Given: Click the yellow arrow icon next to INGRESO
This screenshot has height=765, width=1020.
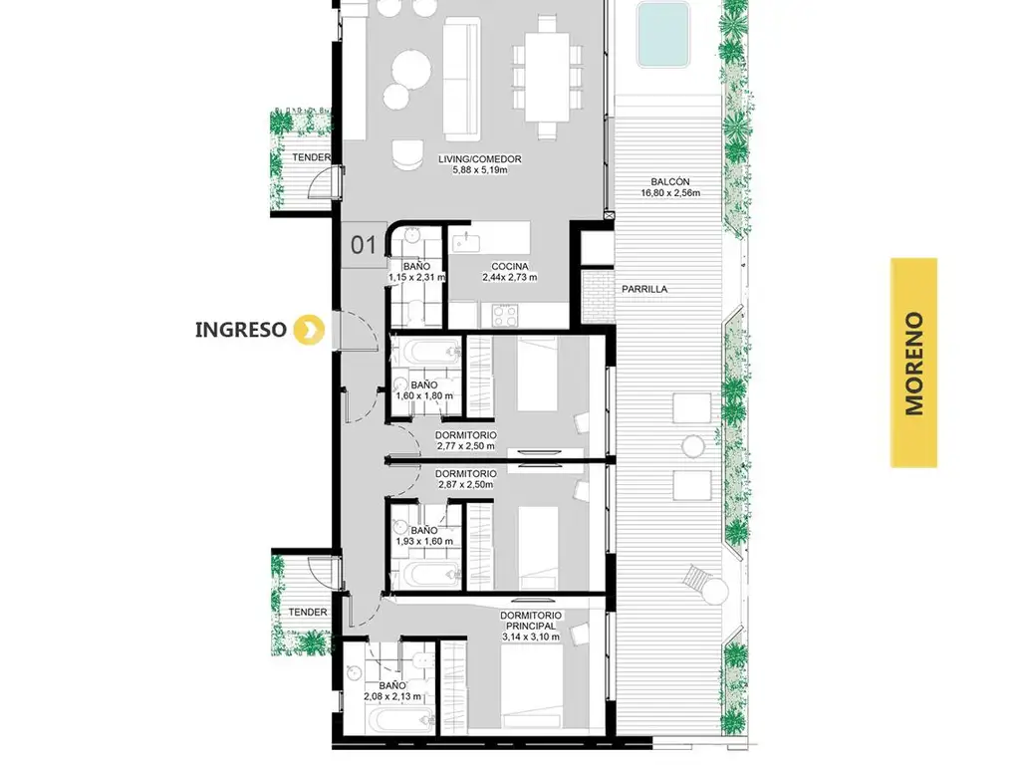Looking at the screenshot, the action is [x=309, y=329].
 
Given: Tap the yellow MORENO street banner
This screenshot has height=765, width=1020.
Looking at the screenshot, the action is [x=913, y=363].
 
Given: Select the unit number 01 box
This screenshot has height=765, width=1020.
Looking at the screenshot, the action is [x=364, y=245].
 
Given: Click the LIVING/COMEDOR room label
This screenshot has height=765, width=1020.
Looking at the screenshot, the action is [x=480, y=158].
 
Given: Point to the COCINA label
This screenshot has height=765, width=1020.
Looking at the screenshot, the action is [x=510, y=266].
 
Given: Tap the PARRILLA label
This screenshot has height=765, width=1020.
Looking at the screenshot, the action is [x=644, y=289].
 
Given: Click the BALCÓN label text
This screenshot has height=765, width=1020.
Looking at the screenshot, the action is [x=670, y=182].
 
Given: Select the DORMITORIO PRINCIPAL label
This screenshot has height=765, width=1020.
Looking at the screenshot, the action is [x=531, y=621].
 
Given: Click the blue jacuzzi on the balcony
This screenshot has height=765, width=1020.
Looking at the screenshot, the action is [x=662, y=34].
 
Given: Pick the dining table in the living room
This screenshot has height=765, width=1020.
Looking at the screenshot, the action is [x=547, y=77].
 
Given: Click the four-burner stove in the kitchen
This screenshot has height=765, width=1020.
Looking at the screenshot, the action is [x=505, y=316].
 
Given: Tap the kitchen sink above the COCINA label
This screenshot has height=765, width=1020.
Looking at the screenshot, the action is [x=466, y=242].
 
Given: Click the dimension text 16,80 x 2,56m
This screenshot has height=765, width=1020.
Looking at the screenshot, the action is [x=670, y=193].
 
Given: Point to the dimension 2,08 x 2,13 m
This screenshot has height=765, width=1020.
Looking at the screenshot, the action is [x=392, y=696].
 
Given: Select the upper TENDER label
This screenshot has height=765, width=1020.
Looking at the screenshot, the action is [x=311, y=157].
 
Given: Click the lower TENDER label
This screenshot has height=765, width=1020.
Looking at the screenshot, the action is [x=308, y=613].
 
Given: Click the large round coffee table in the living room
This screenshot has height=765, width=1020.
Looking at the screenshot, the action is [x=411, y=69].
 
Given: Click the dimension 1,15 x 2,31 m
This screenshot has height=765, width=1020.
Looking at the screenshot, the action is [x=417, y=278].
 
